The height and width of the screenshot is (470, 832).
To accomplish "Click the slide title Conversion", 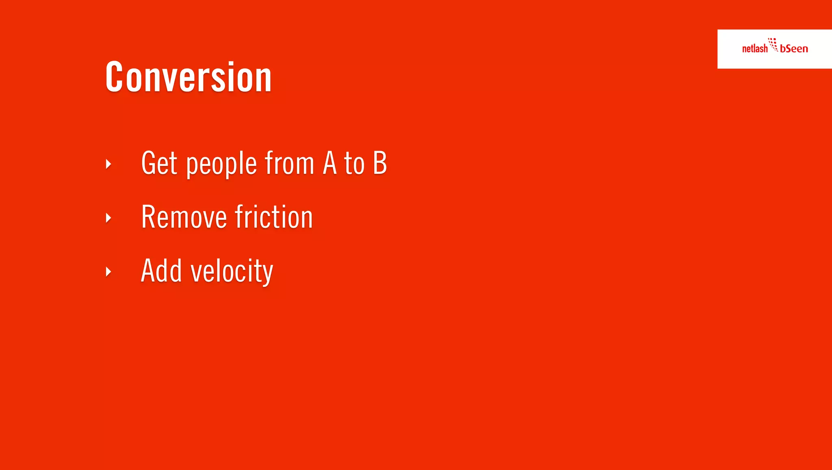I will [x=188, y=77].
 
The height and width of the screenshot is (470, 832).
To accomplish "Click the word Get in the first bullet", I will [x=159, y=163].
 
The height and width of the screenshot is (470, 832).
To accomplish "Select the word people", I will [x=221, y=164].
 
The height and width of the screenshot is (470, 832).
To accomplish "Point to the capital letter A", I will [x=330, y=163].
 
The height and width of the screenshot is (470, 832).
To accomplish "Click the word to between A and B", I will [x=354, y=164].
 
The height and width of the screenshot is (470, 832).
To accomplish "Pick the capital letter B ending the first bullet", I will [x=380, y=163].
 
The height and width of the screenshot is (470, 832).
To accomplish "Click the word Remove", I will [x=184, y=217].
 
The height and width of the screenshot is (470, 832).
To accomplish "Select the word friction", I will [x=274, y=217].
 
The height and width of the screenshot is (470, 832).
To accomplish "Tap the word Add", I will [x=161, y=271].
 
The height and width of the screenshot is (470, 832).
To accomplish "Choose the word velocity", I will [x=232, y=271].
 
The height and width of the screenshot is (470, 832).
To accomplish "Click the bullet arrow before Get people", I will [x=108, y=164].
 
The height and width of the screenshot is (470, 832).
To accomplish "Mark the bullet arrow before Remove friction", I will [x=108, y=218].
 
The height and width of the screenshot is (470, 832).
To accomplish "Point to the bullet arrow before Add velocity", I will [x=108, y=271].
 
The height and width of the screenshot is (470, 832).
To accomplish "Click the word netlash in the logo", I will [x=754, y=49].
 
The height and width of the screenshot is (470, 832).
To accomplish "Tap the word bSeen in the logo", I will [x=794, y=49].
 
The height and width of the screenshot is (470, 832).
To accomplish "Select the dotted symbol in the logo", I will [x=773, y=44].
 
